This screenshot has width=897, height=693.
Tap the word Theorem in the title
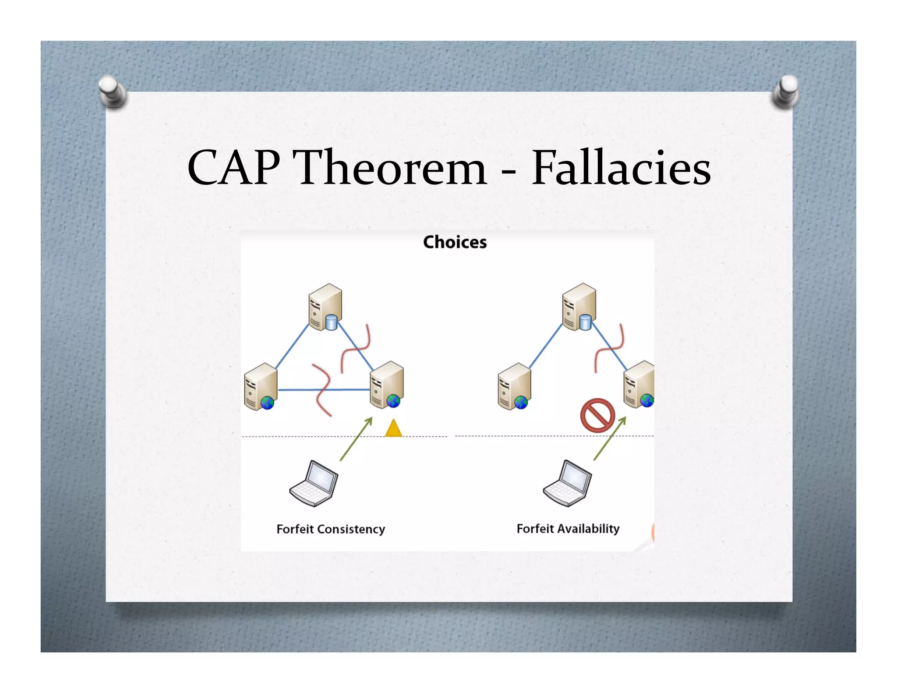coord(392,168)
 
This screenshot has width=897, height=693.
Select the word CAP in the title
coord(233,168)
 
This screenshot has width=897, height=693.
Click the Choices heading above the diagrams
coord(455,242)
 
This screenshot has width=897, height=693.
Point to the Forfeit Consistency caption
coord(331,529)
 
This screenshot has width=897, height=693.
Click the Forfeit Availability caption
coord(568,529)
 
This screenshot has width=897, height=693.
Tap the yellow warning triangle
coord(393,428)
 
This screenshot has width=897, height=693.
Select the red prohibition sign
coord(597,415)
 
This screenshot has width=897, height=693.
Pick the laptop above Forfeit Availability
coord(567,483)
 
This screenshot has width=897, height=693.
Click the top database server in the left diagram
coord(325,307)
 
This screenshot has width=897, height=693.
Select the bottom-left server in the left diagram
coord(261,387)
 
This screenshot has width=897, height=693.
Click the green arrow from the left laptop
coord(356,439)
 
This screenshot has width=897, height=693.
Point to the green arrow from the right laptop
coord(610,438)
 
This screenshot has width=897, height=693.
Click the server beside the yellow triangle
coord(387,385)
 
